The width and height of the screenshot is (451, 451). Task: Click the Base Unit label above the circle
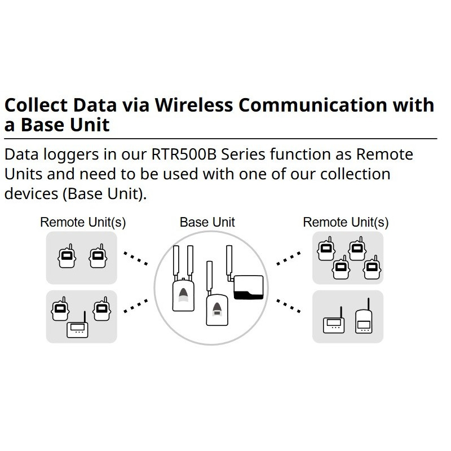[207, 222]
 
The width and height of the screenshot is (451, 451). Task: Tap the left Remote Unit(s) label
[83, 222]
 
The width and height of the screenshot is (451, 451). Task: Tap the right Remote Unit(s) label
[346, 222]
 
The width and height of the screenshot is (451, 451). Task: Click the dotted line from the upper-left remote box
[135, 259]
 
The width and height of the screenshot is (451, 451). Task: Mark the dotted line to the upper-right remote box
[289, 259]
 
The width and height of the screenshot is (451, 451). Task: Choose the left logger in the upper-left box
[67, 257]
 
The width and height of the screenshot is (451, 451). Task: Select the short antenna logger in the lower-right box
[333, 323]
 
